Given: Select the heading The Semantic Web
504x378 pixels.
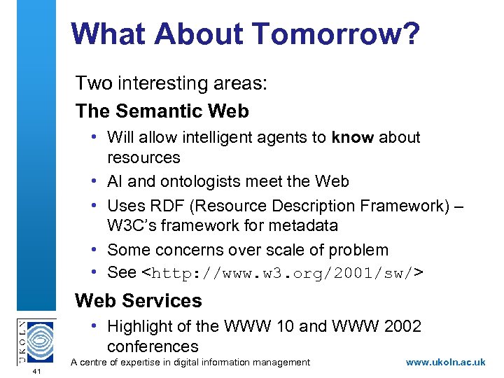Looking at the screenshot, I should point(162,111).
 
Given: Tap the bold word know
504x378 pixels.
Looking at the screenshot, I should point(353,137).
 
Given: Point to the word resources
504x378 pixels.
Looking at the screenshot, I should point(143,157).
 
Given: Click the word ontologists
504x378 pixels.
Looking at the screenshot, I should point(207,181).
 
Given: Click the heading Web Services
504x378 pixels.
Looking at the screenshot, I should point(138,301).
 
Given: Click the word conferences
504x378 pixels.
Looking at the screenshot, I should point(153,346).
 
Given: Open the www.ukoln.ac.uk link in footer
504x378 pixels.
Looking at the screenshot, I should point(445,362).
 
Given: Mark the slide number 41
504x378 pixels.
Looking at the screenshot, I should point(37,371).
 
